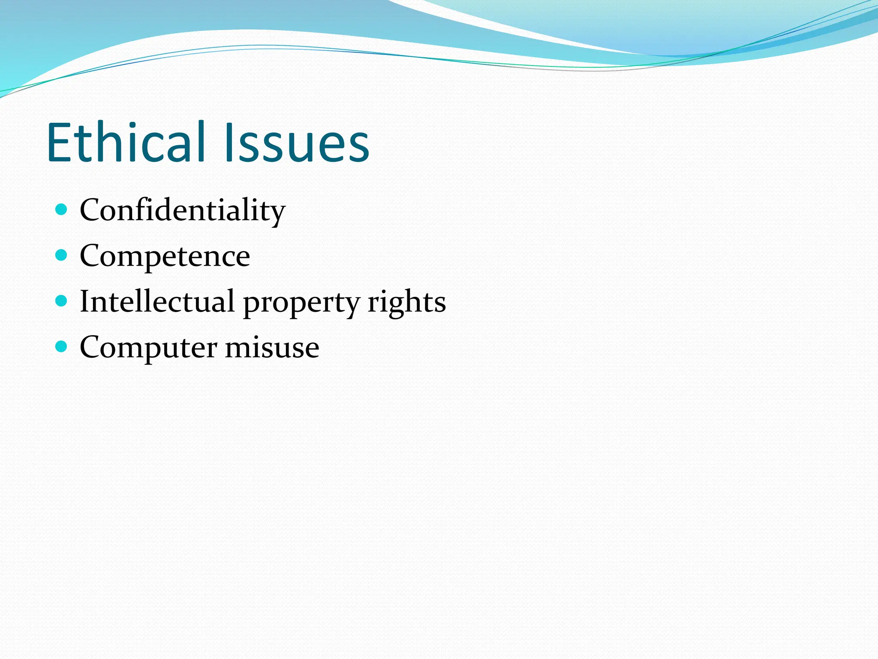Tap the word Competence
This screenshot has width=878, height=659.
pyautogui.click(x=165, y=257)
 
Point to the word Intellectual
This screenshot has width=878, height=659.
pyautogui.click(x=157, y=302)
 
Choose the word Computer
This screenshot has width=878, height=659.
pyautogui.click(x=148, y=348)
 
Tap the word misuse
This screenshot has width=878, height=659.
pyautogui.click(x=272, y=347)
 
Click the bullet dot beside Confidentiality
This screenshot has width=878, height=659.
pyautogui.click(x=62, y=210)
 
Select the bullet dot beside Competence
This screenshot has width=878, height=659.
pyautogui.click(x=62, y=255)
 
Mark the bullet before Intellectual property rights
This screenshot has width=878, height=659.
pyautogui.click(x=62, y=301)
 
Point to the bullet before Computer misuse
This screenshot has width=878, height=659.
pyautogui.click(x=62, y=346)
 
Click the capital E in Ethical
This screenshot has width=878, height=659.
pyautogui.click(x=60, y=142)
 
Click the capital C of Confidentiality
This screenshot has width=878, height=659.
pyautogui.click(x=90, y=210)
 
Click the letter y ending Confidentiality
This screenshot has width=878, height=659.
pyautogui.click(x=277, y=213)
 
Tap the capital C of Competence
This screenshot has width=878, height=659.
pyautogui.click(x=90, y=256)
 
